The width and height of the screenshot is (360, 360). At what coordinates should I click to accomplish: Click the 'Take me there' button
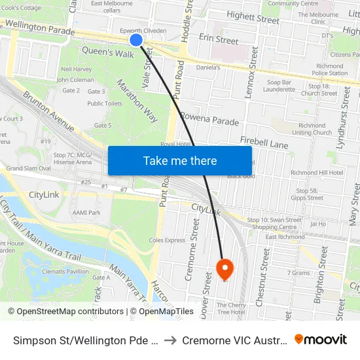(x=180, y=160)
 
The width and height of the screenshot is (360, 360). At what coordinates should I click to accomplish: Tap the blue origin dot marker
(x=136, y=40)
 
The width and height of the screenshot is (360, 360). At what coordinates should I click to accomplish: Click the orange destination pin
(x=225, y=268)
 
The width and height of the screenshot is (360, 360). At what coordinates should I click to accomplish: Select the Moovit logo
(x=321, y=340)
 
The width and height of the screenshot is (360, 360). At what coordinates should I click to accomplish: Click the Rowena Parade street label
(x=209, y=122)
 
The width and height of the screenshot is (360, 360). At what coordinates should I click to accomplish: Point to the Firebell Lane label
(x=264, y=142)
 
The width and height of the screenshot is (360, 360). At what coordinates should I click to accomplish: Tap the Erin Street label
(x=218, y=41)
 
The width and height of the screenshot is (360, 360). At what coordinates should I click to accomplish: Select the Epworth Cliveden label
(x=143, y=31)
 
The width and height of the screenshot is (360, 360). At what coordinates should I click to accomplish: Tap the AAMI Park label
(x=86, y=213)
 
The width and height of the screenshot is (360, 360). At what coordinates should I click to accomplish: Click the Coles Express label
(x=167, y=240)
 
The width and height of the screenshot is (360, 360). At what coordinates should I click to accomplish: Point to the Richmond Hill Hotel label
(x=317, y=173)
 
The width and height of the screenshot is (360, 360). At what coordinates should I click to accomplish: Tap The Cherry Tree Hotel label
(x=231, y=308)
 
